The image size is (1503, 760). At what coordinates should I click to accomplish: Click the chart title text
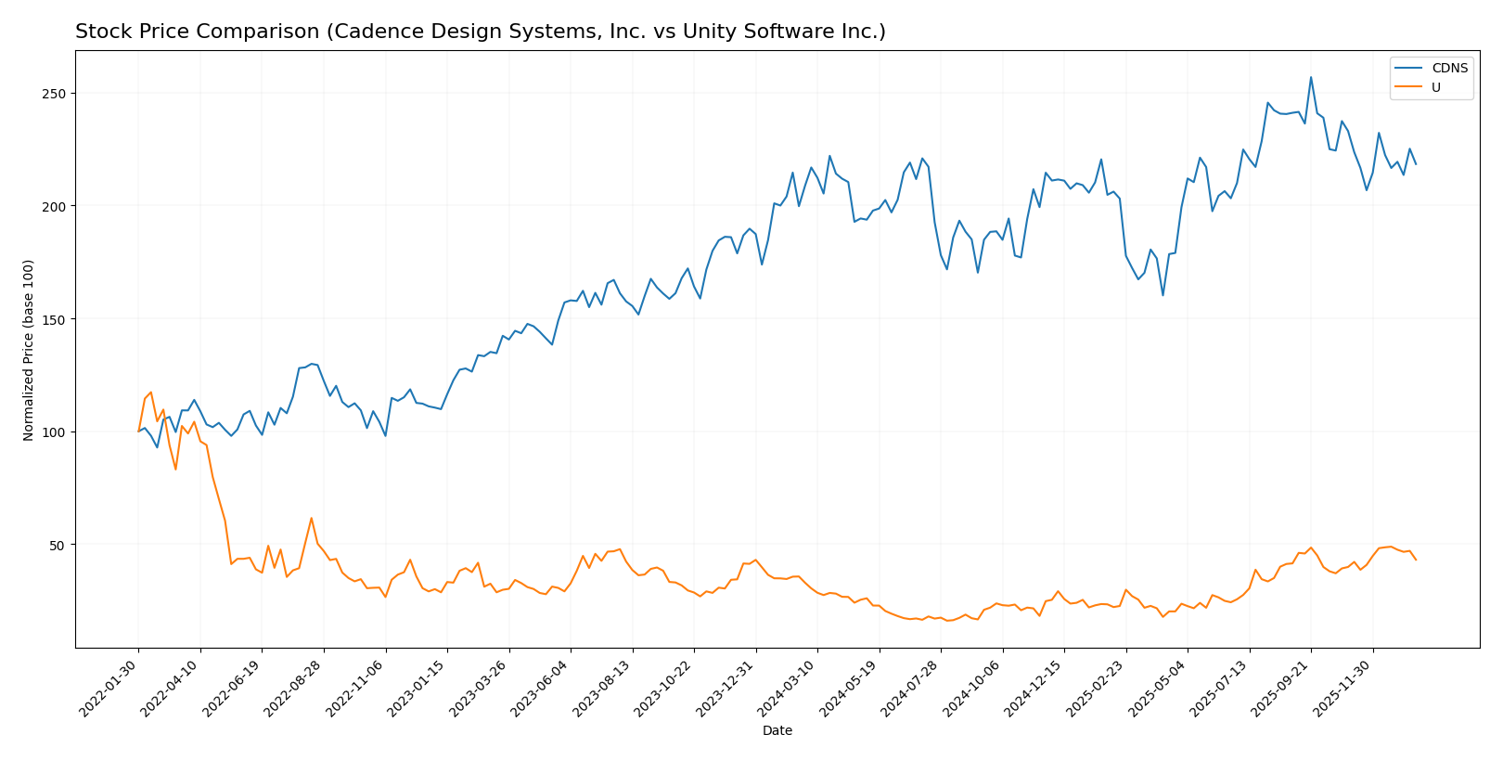pyautogui.click(x=480, y=32)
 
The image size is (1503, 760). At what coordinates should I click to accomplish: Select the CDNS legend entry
pyautogui.click(x=1449, y=69)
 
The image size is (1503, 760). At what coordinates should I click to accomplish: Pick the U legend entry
pyautogui.click(x=1435, y=88)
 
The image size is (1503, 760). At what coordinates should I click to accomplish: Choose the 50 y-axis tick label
pyautogui.click(x=58, y=545)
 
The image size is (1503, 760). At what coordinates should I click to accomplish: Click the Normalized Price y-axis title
pyautogui.click(x=29, y=350)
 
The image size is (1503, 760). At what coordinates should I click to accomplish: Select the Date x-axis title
pyautogui.click(x=777, y=731)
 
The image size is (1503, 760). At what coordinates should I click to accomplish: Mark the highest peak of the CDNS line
pyautogui.click(x=1311, y=77)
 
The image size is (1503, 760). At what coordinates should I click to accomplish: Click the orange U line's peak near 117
pyautogui.click(x=151, y=393)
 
